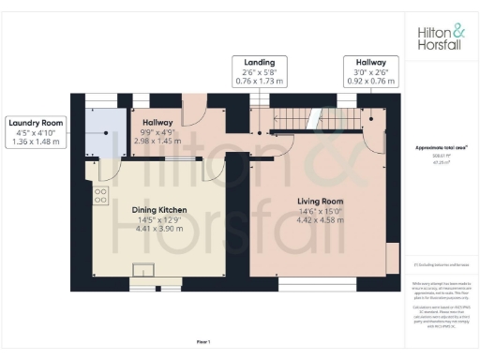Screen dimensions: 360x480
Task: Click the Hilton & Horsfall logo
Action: (439, 37)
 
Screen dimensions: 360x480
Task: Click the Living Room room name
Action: (320, 202)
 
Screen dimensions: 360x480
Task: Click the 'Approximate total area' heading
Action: (442, 148)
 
